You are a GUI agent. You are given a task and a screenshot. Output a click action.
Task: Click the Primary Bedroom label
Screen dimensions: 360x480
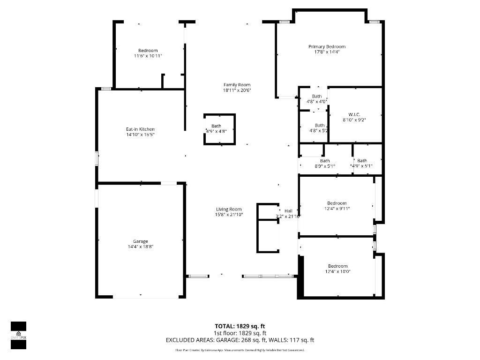coord(327,46)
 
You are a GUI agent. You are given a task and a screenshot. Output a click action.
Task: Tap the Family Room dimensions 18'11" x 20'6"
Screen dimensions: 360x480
coord(237,90)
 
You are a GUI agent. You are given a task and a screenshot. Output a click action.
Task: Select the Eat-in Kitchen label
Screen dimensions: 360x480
coord(140,129)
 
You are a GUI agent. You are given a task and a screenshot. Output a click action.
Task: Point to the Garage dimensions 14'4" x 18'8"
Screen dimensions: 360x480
coord(141,247)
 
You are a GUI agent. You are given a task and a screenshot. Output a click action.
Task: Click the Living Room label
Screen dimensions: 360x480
coord(229,209)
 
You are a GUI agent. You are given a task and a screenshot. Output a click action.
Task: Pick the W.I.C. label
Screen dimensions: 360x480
coord(354,114)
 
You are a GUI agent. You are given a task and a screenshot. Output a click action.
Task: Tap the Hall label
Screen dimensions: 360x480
coord(288,211)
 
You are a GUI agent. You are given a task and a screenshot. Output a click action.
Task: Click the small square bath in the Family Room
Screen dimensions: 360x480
coord(219,129)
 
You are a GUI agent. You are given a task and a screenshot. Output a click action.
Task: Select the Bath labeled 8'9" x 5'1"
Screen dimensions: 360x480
coord(325,163)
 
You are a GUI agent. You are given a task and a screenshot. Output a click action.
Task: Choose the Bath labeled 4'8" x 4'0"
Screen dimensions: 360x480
coord(317,98)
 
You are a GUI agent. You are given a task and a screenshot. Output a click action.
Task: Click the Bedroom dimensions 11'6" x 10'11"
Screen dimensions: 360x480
coord(148,56)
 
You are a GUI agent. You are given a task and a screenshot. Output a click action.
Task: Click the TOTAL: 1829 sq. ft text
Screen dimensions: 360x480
coord(240,326)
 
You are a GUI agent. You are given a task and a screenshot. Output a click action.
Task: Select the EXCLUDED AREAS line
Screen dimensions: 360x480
coord(240,340)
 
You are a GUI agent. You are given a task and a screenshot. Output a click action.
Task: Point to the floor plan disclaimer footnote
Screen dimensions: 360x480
coord(240,350)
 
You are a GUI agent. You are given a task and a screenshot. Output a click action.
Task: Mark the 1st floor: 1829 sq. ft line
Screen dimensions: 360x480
coord(240,333)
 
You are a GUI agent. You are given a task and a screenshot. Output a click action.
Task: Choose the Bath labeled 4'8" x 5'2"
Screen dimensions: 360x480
coord(319,127)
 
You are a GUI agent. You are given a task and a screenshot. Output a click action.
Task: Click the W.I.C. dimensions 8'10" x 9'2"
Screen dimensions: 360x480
coord(354,120)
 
